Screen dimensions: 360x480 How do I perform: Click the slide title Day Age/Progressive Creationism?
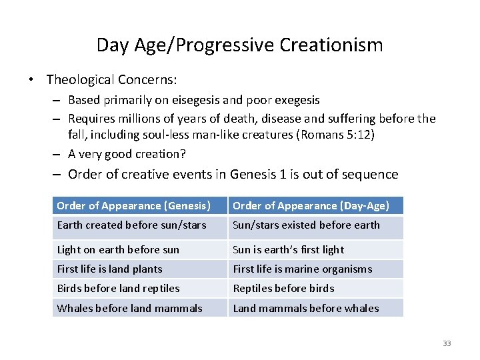coord(239,45)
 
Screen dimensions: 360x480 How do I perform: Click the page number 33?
coord(447,343)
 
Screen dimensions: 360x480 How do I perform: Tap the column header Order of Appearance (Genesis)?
coord(133,205)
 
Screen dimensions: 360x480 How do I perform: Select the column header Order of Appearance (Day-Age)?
coord(311,205)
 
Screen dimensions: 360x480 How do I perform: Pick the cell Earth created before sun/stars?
coord(132,225)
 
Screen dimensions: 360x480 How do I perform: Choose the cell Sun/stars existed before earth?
coord(306,225)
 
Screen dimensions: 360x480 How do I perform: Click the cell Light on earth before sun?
coord(118,250)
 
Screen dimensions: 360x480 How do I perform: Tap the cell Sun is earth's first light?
coord(288,250)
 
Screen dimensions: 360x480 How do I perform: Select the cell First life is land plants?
coord(109,269)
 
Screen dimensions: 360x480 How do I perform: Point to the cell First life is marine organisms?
coord(302,269)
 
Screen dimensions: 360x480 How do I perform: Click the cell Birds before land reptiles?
coord(118,289)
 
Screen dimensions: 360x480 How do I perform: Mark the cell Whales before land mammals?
coord(129,308)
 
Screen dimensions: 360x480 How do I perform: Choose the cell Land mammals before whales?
coord(305,308)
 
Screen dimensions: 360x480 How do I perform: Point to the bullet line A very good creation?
coord(127,154)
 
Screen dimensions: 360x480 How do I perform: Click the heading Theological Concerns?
coord(111,80)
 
